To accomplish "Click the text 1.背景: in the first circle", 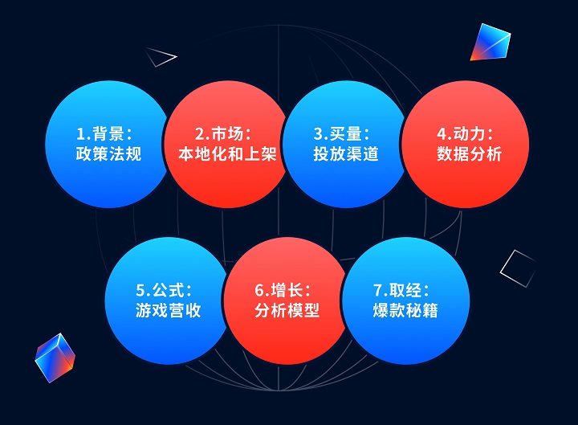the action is pos(104,133).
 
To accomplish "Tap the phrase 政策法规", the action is pos(108,153).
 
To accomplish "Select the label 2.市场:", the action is pos(223,133).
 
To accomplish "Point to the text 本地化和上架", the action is pos(227,153).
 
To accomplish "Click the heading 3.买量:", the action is pos(341,133).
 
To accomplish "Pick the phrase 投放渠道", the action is pos(346,153).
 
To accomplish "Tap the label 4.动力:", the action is pos(465,133).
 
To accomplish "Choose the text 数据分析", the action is pos(470,153).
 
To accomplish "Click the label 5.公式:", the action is pos(164,290).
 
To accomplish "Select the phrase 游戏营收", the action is pos(168,310).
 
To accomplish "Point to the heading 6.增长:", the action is pos(283,290).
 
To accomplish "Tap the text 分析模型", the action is pos(287,310).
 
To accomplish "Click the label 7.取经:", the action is pos(401,290).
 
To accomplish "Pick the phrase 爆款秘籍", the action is pos(405,310).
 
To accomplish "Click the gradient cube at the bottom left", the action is pos(55,358).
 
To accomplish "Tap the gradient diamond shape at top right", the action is pos(490,42).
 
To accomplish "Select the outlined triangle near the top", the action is pos(161,57).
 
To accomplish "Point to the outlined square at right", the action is pos(518,268).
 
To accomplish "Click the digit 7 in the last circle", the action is pos(378,290).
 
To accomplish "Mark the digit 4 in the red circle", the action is pos(442,133).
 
